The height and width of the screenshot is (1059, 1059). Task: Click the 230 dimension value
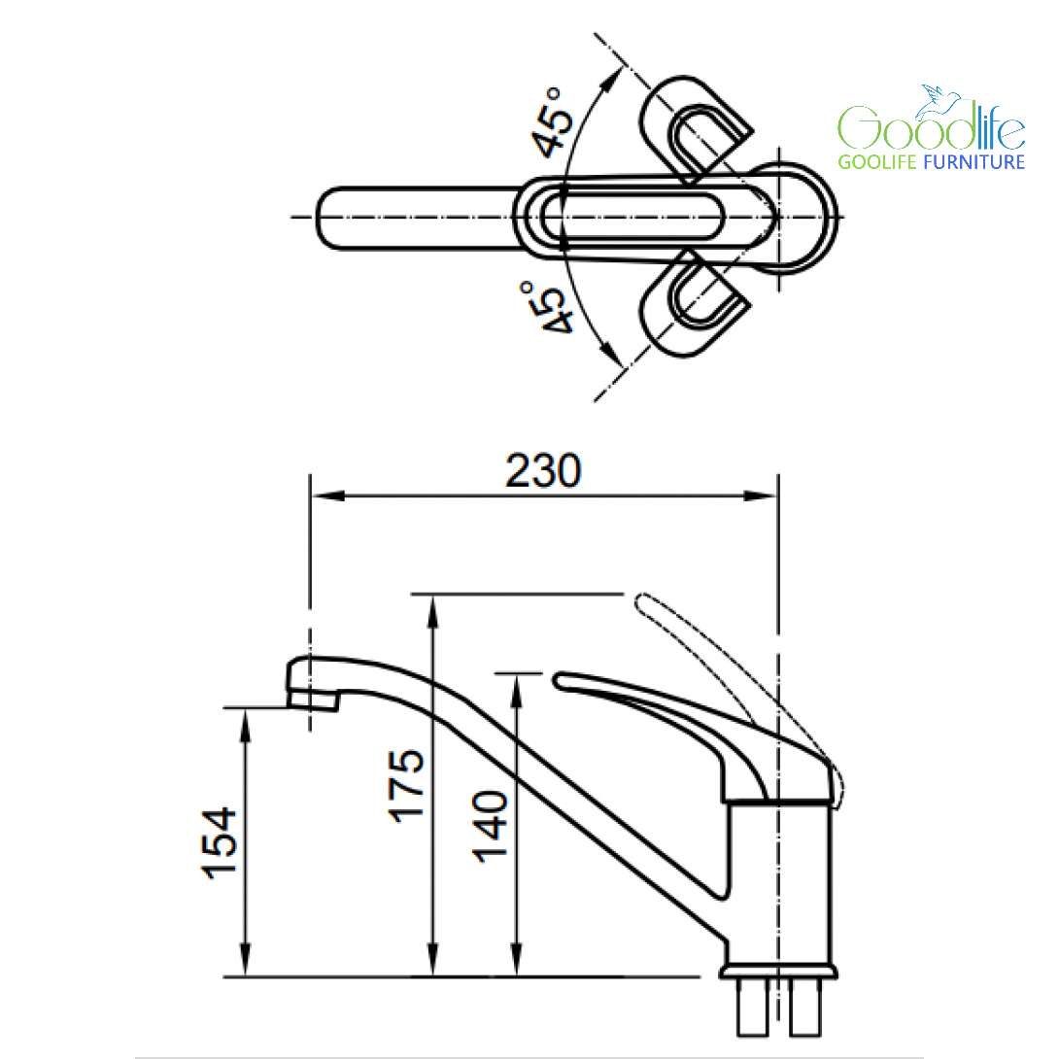pyautogui.click(x=543, y=470)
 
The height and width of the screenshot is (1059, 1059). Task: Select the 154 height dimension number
pyautogui.click(x=220, y=842)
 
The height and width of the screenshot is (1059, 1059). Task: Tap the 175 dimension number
pyautogui.click(x=406, y=785)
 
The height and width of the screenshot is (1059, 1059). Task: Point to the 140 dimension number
pyautogui.click(x=489, y=826)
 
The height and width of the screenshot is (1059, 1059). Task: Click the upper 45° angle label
pyautogui.click(x=552, y=122)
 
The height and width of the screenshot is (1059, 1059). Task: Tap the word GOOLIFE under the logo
pyautogui.click(x=877, y=162)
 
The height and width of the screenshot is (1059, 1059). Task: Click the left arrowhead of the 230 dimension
pyautogui.click(x=328, y=495)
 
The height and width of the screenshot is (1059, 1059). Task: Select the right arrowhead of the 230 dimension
pyautogui.click(x=760, y=495)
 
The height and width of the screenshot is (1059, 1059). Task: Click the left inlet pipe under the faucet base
pyautogui.click(x=752, y=1007)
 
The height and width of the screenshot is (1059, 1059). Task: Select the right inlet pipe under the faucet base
pyautogui.click(x=805, y=1007)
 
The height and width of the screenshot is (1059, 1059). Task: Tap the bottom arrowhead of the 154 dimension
pyautogui.click(x=245, y=959)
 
